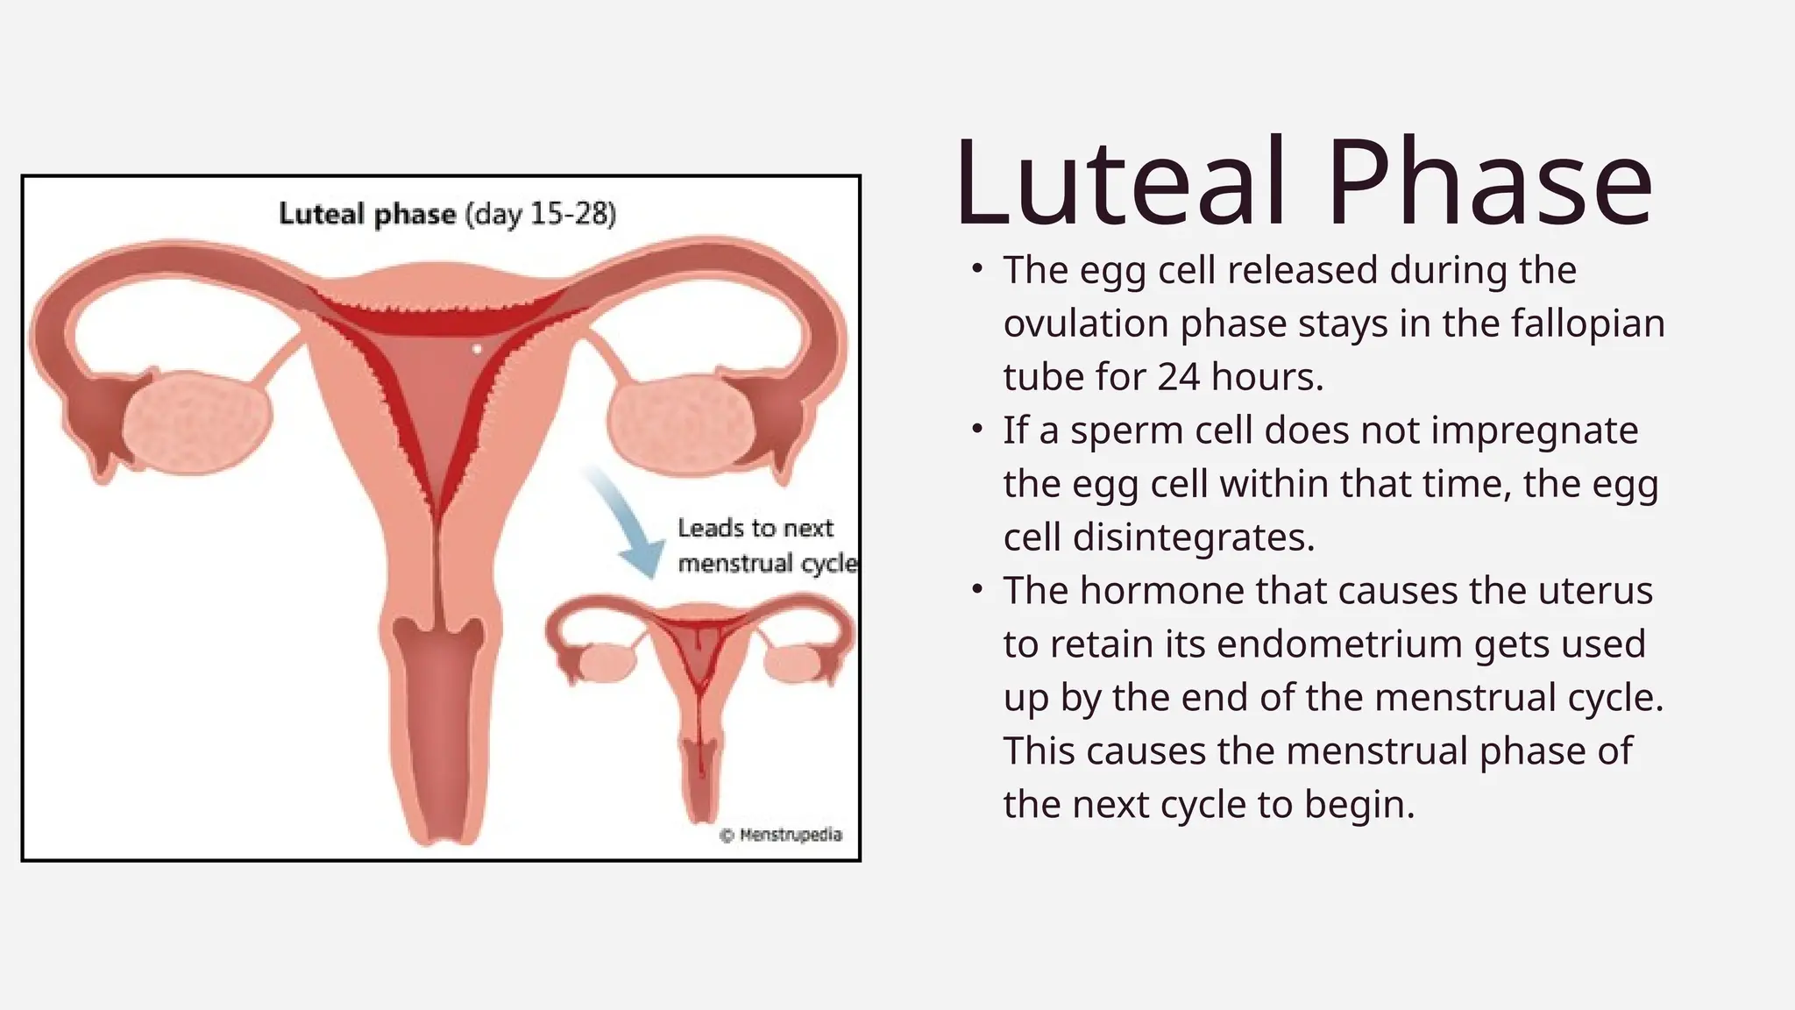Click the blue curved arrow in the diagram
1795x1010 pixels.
pyautogui.click(x=629, y=523)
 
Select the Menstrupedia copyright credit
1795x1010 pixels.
pyautogui.click(x=781, y=835)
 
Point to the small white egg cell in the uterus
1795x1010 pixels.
pyautogui.click(x=477, y=349)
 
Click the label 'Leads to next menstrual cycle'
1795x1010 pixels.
pyautogui.click(x=764, y=545)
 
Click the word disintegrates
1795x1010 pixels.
pyautogui.click(x=1192, y=537)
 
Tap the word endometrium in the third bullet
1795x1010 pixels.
pyautogui.click(x=1341, y=644)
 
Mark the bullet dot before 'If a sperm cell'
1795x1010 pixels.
pyautogui.click(x=977, y=430)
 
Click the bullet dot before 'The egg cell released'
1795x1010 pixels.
pyautogui.click(x=977, y=269)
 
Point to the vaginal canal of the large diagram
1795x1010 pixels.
pyautogui.click(x=436, y=736)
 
